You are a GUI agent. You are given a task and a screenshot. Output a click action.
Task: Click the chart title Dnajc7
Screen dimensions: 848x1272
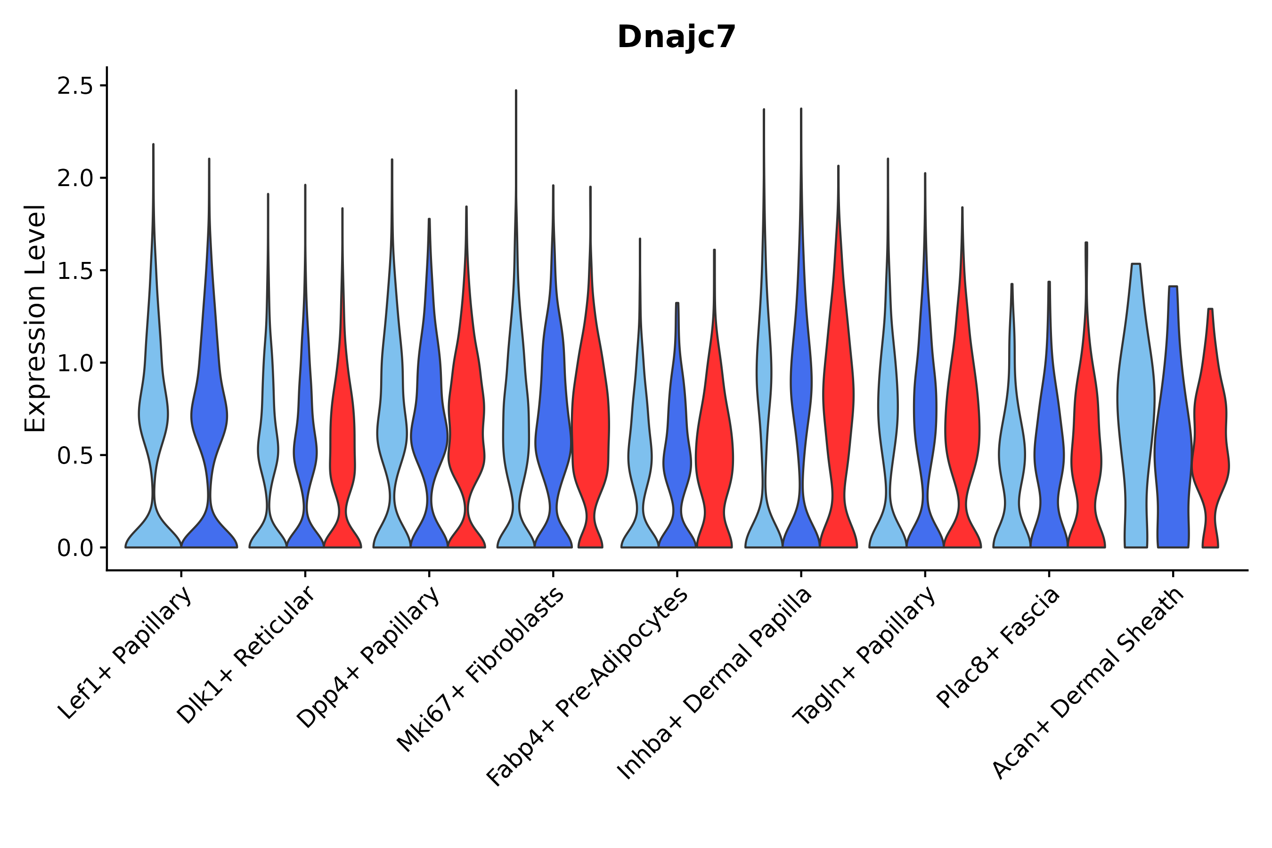click(x=676, y=37)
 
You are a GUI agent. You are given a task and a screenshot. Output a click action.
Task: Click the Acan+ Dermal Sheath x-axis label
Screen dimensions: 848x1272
click(x=1088, y=684)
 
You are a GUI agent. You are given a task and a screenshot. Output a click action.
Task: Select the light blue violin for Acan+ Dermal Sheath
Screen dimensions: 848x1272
click(x=1136, y=406)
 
